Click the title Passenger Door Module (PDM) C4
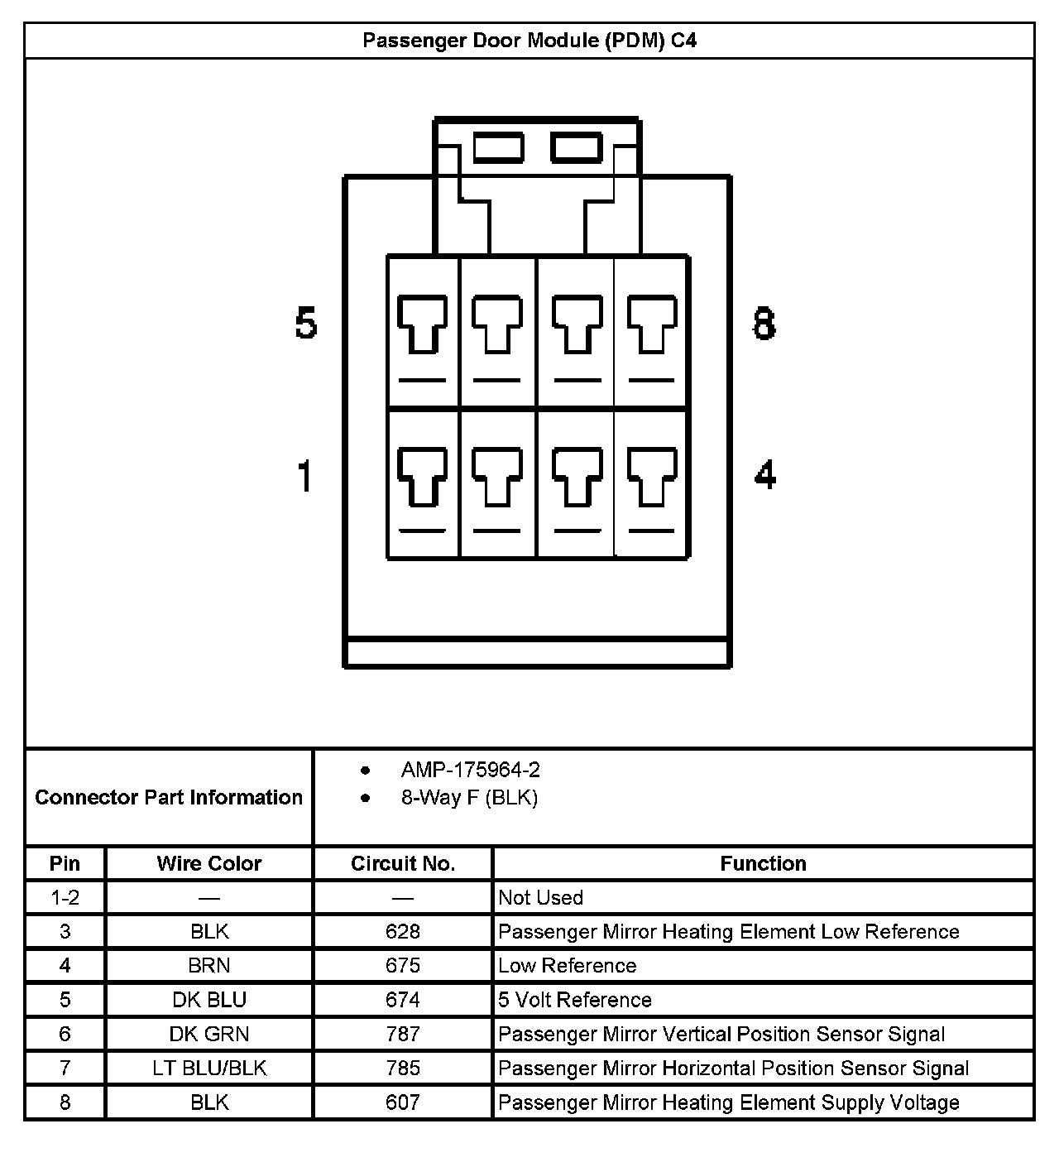529,41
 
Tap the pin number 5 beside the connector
306,323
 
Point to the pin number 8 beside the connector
764,323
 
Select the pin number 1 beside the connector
305,476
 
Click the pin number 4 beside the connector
765,475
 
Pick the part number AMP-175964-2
470,771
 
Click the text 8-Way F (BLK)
469,798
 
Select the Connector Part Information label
169,797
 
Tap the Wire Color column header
209,863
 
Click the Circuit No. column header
403,863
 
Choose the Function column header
763,863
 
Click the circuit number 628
403,932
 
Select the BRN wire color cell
209,966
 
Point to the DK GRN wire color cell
209,1034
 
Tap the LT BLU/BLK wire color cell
209,1069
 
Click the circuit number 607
403,1102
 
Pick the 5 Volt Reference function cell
575,1000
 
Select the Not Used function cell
540,898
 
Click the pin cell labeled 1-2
65,898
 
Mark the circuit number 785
403,1069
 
